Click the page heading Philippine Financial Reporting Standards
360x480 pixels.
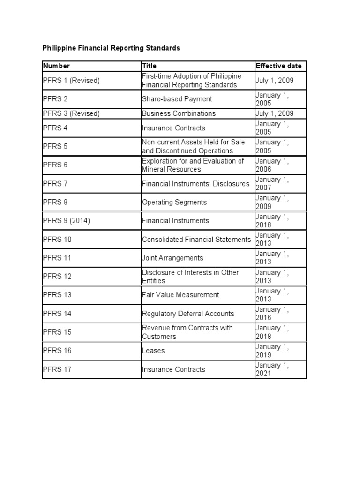111,48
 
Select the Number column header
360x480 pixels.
56,66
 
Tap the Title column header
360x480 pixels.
150,66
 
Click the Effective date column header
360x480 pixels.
278,66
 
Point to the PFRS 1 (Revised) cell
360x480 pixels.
71,81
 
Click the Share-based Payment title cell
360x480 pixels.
177,99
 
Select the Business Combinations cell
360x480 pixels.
179,113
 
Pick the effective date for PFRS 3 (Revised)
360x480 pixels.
275,113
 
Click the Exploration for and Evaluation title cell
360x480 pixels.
193,165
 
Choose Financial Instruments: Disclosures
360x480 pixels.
195,184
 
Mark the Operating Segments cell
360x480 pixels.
174,202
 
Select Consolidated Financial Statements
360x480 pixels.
196,240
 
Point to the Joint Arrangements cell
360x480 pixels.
172,258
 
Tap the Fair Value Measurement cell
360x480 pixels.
180,295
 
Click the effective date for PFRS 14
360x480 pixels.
272,314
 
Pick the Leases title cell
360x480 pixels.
153,351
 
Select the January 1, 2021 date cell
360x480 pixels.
272,369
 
